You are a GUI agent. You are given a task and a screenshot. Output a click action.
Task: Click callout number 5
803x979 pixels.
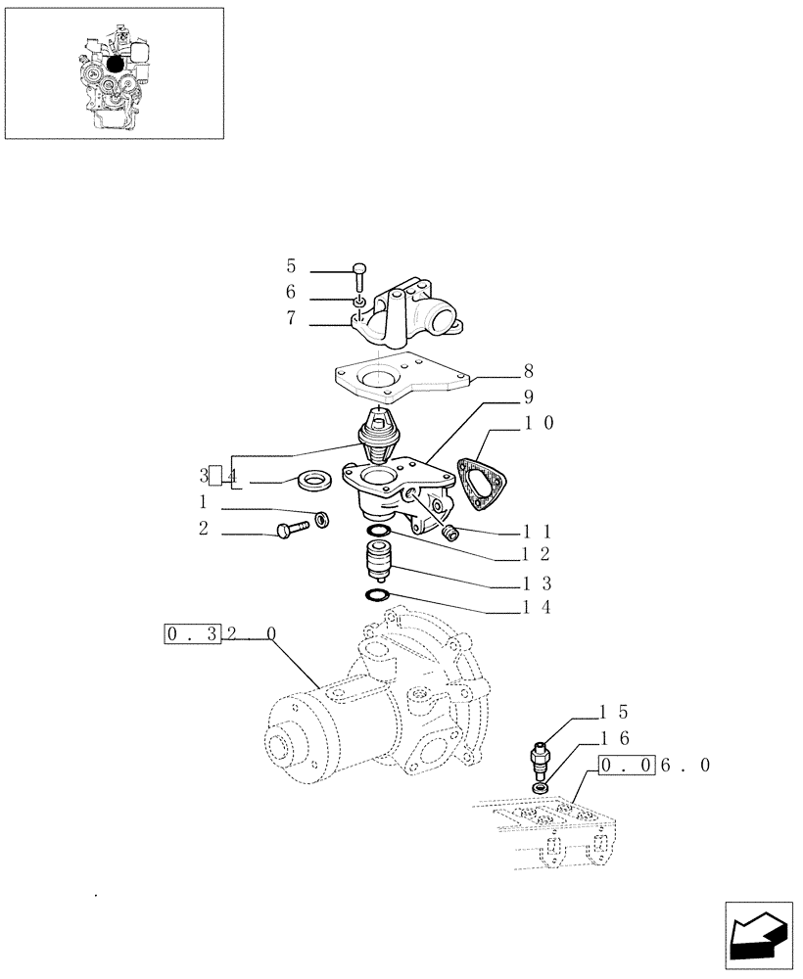click(291, 266)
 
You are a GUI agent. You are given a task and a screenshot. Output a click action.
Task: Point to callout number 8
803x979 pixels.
click(529, 371)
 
